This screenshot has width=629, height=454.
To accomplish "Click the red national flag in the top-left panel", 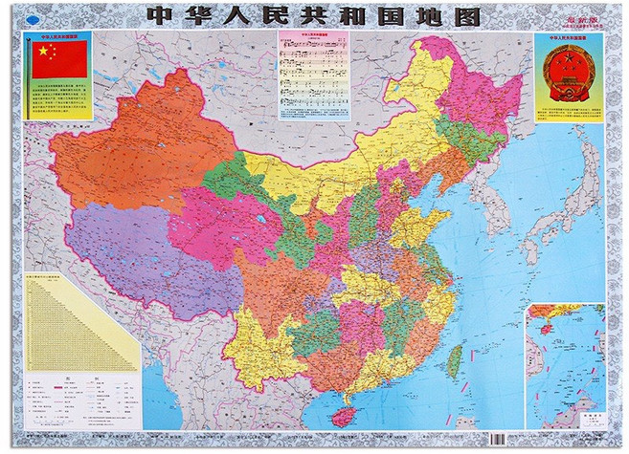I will click(59, 59).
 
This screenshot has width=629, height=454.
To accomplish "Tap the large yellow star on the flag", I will click(43, 51).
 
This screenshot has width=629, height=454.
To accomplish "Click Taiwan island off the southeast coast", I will click(455, 360).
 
